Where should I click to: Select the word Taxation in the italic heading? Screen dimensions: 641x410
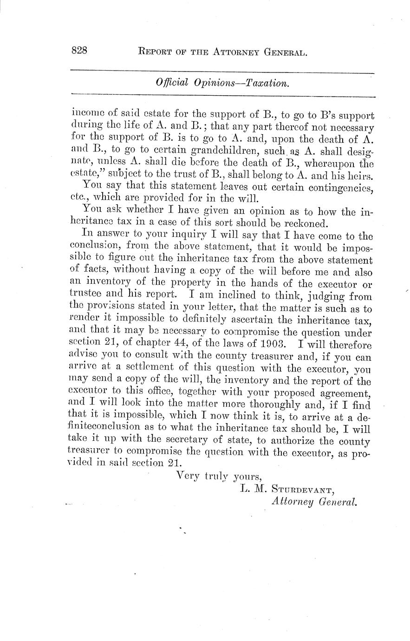coord(267,83)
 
